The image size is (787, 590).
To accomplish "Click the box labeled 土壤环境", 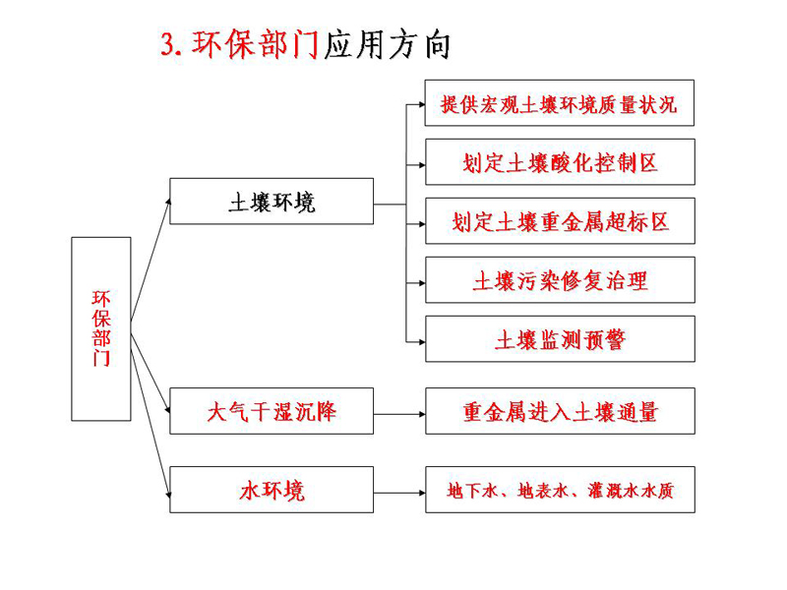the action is click(272, 202).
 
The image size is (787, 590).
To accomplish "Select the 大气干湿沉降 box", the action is click(272, 411).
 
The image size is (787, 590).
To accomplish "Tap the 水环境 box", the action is click(272, 490).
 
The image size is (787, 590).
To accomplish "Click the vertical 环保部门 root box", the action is click(101, 328).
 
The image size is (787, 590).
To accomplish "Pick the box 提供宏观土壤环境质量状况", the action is click(559, 103).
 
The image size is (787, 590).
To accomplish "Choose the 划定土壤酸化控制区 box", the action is click(560, 162).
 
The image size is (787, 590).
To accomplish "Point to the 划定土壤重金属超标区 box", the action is click(560, 221).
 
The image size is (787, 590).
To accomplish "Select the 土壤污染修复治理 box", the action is click(560, 280).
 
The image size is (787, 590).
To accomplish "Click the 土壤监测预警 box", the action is click(560, 339).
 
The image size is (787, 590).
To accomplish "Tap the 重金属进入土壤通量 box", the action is click(560, 411).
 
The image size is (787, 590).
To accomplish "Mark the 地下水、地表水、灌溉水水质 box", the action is click(560, 490).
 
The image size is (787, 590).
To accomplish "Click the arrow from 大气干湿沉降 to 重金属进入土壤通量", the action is click(399, 414).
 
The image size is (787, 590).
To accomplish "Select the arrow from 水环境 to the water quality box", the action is click(399, 493).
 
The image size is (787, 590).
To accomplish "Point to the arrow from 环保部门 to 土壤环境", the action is click(151, 260).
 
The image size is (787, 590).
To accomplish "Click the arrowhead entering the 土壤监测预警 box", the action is click(422, 342).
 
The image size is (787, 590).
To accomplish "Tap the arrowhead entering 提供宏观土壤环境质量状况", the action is click(422, 104).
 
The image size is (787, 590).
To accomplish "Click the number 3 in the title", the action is click(169, 44).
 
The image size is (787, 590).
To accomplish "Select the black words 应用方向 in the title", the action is click(387, 45).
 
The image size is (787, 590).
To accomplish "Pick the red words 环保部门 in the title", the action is click(256, 44).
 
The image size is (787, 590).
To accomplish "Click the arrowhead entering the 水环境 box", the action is click(168, 495).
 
